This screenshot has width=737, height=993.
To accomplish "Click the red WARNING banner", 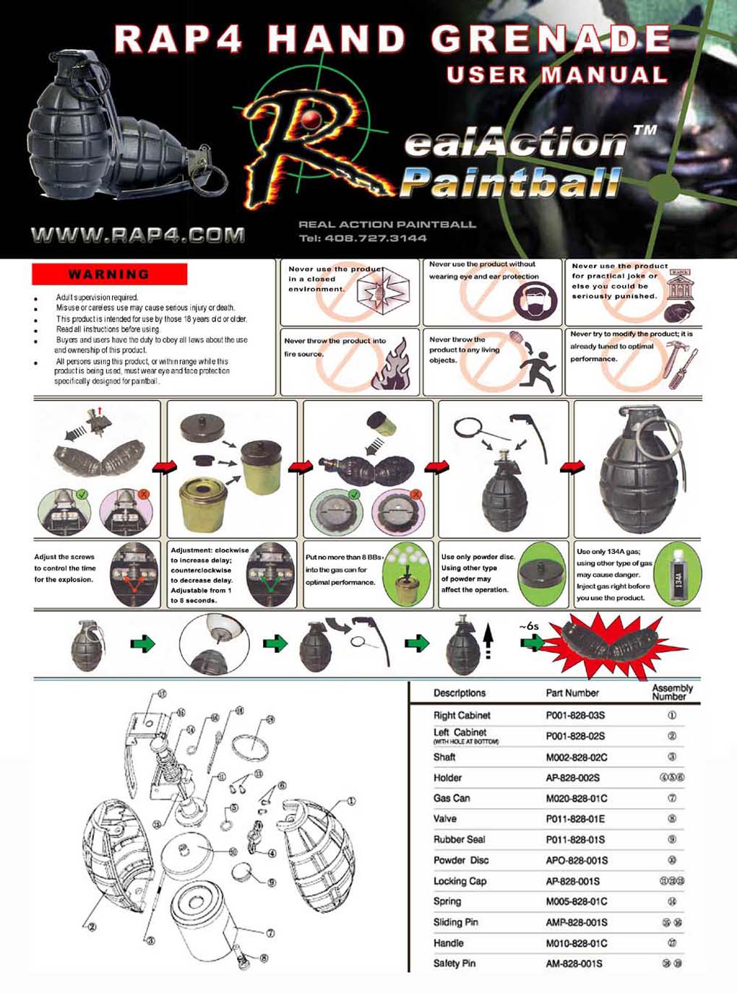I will click(109, 274).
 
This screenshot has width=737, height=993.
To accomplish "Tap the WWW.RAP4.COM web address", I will click(137, 235).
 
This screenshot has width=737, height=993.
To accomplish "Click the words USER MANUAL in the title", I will click(556, 75).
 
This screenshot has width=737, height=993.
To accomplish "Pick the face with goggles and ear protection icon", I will click(535, 300).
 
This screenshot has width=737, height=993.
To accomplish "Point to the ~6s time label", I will click(529, 626).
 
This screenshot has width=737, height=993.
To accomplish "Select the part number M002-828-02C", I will click(576, 758).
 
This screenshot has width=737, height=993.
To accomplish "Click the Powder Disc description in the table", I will click(460, 860).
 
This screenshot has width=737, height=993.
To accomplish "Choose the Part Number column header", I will click(572, 693).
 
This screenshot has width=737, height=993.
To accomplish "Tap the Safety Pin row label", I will click(454, 963).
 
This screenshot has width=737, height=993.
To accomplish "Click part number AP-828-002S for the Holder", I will click(572, 778).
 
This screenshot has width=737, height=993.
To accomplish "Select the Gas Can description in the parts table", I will click(452, 798).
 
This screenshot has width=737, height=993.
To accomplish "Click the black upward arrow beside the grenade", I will click(488, 638).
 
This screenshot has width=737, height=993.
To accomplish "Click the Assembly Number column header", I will click(671, 693).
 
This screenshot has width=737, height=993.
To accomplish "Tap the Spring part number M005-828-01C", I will click(576, 901).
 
